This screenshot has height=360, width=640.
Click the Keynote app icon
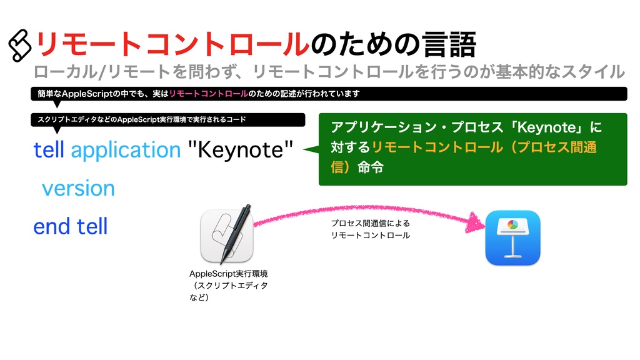point(512,237)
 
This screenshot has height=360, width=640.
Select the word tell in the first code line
point(49,150)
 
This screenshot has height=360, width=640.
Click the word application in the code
point(126,151)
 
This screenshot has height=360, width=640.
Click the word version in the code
point(78,188)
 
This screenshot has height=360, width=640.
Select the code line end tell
point(71,226)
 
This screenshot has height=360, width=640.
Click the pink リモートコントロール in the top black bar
point(208,94)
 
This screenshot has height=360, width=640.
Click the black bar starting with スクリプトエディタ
point(167,119)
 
